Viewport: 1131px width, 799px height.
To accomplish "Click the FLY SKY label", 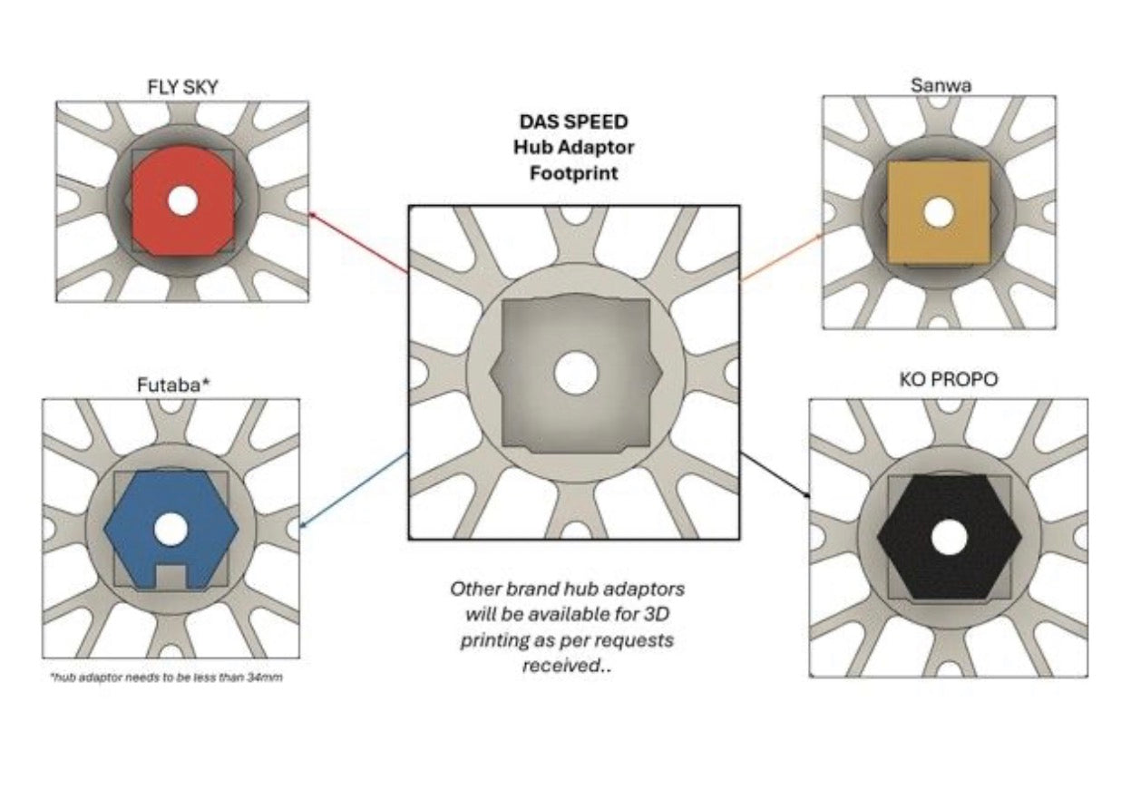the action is click(182, 87).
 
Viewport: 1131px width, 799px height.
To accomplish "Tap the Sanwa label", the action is click(941, 85).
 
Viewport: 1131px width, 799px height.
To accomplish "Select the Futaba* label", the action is click(173, 385).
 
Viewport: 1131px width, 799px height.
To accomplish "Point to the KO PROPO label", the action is click(948, 380).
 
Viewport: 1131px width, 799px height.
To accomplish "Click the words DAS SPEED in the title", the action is click(573, 122).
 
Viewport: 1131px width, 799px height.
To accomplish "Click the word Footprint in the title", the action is click(573, 173).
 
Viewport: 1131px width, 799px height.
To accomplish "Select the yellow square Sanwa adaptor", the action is click(939, 212).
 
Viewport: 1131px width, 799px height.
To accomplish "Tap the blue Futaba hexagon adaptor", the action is click(171, 530).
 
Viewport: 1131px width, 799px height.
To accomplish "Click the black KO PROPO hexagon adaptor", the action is click(950, 537).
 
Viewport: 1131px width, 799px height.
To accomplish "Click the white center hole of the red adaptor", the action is click(183, 201).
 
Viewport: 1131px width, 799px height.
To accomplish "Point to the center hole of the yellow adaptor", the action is click(939, 212).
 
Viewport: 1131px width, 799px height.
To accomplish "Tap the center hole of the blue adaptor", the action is click(171, 529).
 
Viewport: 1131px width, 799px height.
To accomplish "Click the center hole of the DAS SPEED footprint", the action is click(576, 373).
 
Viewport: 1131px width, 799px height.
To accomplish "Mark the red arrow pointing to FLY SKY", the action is click(359, 243).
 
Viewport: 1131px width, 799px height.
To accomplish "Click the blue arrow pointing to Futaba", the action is click(354, 490).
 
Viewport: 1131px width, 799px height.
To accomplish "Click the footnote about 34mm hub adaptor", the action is click(167, 677).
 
